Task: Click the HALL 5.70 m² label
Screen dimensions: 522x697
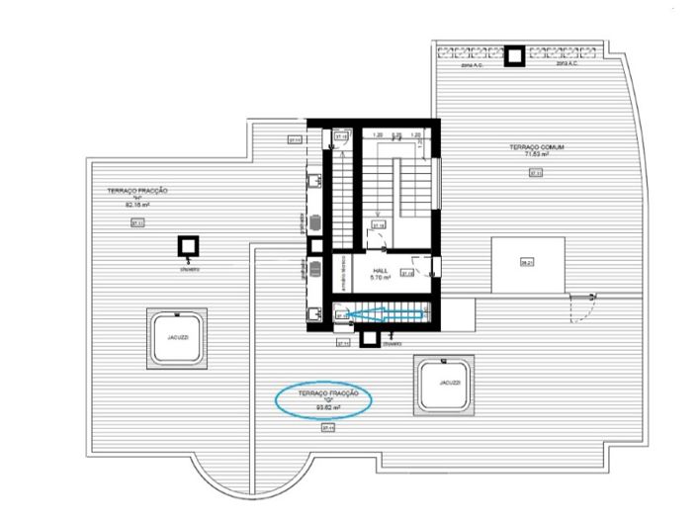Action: coord(380,274)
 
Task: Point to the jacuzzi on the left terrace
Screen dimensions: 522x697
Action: coord(177,337)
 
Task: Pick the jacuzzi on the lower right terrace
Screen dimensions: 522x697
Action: coord(445,382)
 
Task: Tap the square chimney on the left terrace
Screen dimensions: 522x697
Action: coord(185,246)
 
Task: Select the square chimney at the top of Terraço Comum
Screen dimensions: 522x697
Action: coord(515,56)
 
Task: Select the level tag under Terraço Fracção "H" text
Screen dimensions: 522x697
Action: coord(137,224)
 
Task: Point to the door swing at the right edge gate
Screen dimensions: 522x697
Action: coord(583,307)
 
